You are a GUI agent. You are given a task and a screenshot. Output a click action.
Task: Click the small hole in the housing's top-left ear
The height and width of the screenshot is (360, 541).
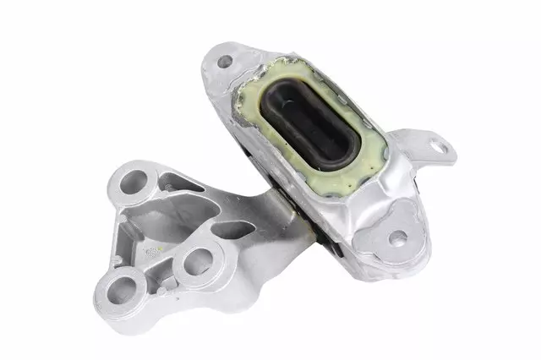[x=224, y=62]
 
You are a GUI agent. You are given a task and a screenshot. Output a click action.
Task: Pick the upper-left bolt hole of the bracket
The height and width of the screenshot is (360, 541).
[x=134, y=182]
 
